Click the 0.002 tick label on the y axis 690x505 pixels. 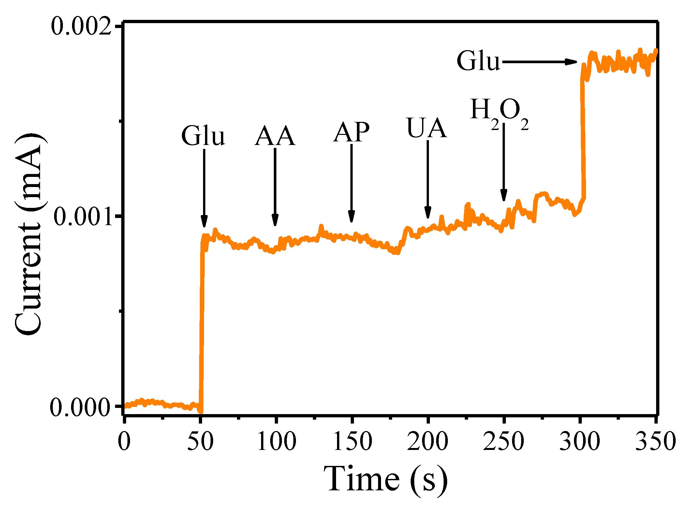[81, 26]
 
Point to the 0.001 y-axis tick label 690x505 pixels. [83, 217]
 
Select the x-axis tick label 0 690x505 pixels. [124, 441]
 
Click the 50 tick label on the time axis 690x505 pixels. [200, 441]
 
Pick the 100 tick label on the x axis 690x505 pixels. [276, 441]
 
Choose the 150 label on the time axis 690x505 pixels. [352, 441]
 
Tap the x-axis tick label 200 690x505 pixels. [428, 441]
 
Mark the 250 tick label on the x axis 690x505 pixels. [504, 441]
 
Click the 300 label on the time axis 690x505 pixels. [580, 441]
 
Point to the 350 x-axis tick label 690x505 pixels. [656, 441]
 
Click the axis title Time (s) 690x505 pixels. [386, 479]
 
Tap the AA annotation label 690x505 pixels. [275, 136]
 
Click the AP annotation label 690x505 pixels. [351, 132]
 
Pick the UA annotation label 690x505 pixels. [427, 128]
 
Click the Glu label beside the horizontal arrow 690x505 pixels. [478, 61]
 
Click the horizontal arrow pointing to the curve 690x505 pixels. [539, 62]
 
